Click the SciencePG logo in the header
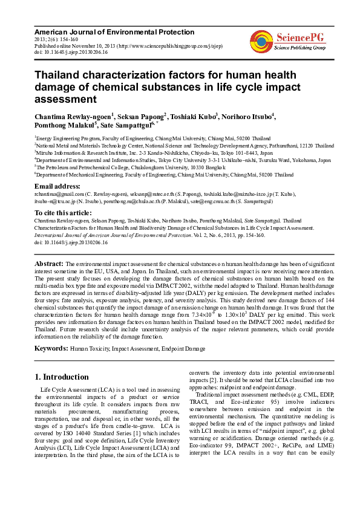pos(287,41)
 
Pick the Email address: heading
pos(57,186)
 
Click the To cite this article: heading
pos(64,213)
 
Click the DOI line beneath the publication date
pos(71,53)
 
